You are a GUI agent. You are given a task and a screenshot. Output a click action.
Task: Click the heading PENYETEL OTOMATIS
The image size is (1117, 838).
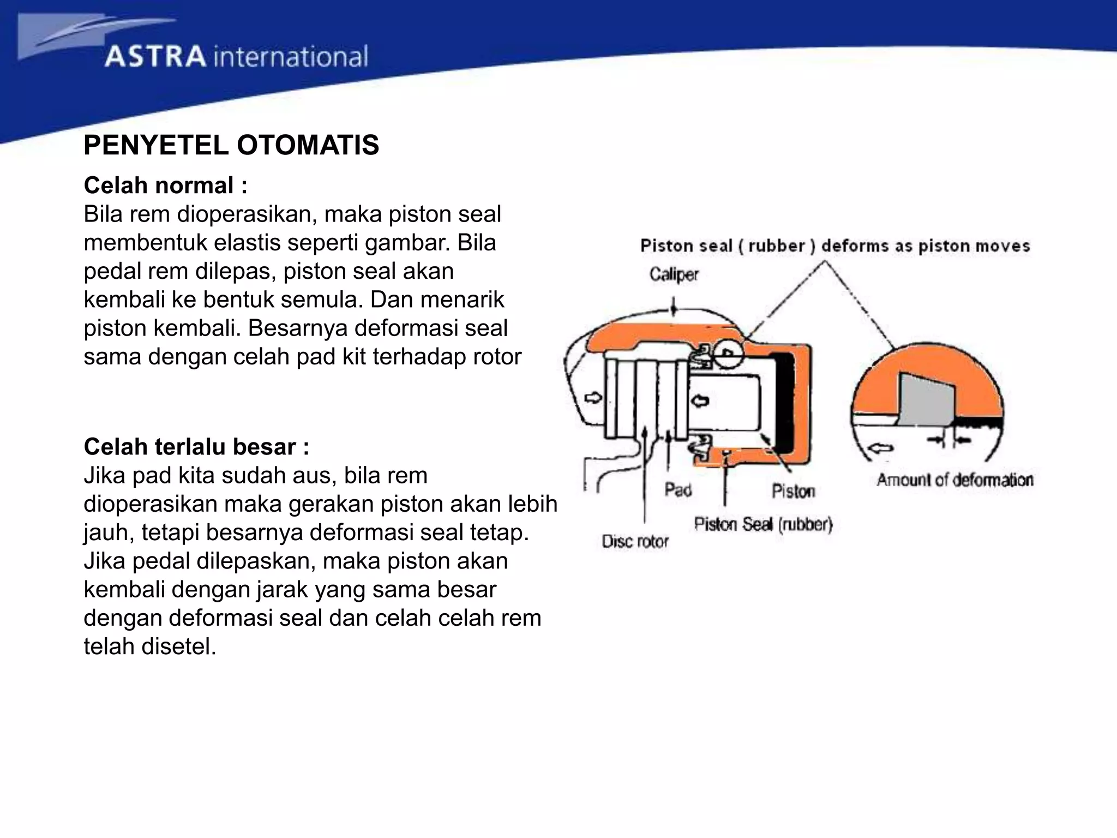(x=231, y=146)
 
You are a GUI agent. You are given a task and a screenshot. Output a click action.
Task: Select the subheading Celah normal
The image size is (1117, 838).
(x=165, y=185)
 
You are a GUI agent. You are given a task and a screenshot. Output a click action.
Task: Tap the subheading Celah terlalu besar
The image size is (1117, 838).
(x=196, y=447)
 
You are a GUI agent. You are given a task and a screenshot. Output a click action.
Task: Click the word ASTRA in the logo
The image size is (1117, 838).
(x=155, y=57)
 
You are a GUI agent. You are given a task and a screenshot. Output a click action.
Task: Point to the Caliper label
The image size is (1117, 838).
(x=674, y=274)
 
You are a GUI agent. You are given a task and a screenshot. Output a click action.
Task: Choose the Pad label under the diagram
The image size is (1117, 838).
(x=678, y=489)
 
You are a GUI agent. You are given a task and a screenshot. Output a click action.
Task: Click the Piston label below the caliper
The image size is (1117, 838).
(x=793, y=492)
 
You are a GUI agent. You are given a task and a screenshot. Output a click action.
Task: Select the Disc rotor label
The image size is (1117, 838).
(x=635, y=542)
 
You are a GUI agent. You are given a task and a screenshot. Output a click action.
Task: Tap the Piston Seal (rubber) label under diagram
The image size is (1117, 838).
(x=763, y=525)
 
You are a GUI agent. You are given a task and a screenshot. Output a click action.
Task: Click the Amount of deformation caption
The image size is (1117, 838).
(x=954, y=480)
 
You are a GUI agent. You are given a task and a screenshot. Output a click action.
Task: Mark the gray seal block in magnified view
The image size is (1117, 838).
(x=926, y=400)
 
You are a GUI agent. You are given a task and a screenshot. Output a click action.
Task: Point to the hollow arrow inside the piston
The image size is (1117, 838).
(x=700, y=401)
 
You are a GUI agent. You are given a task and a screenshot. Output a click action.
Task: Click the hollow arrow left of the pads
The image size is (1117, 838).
(x=592, y=397)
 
